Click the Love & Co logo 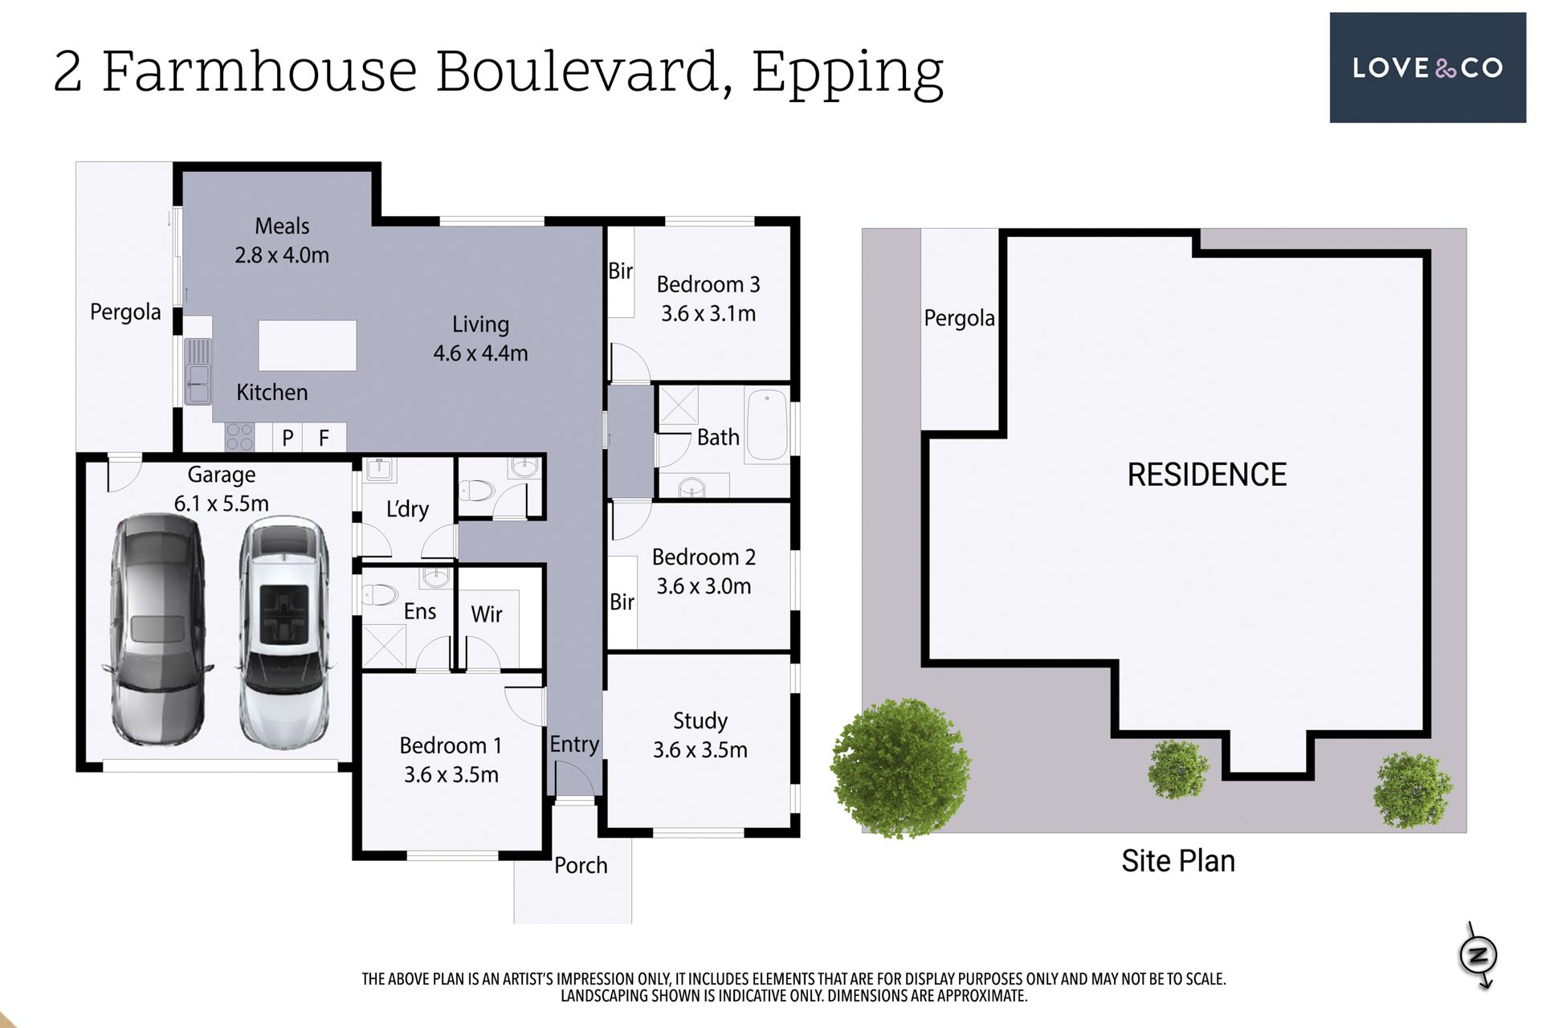[x=1427, y=67]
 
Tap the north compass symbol [x=1479, y=955]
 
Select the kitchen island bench [x=308, y=345]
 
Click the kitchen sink [x=198, y=371]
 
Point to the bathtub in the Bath [x=767, y=425]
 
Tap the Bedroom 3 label [x=708, y=284]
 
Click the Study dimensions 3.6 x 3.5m [x=700, y=750]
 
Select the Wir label [x=487, y=614]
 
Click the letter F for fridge [x=324, y=439]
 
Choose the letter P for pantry [x=288, y=439]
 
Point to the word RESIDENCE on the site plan [x=1207, y=475]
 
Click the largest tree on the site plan [x=900, y=767]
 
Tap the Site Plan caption [x=1178, y=861]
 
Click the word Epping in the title [x=847, y=74]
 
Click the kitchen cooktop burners [x=239, y=437]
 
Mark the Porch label [x=581, y=866]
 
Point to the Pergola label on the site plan [x=959, y=319]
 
